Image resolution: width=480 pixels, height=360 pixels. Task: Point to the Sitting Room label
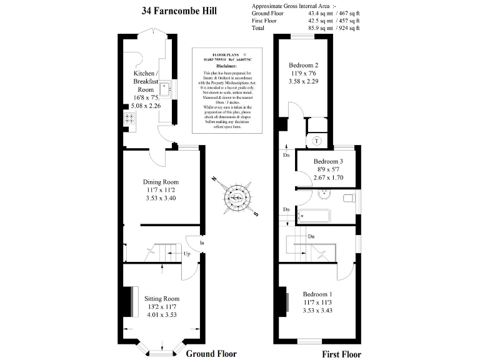click(162, 306)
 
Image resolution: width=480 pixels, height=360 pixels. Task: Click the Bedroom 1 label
click(317, 302)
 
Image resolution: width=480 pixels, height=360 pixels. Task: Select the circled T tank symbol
click(317, 141)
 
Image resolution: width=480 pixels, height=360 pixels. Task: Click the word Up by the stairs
click(187, 254)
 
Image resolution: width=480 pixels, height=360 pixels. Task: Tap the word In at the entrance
click(202, 242)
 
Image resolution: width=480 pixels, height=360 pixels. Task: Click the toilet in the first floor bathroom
click(350, 199)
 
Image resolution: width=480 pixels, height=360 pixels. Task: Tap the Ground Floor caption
click(211, 354)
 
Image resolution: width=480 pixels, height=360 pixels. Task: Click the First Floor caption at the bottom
click(342, 354)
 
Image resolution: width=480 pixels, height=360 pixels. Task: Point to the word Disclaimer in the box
click(226, 66)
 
